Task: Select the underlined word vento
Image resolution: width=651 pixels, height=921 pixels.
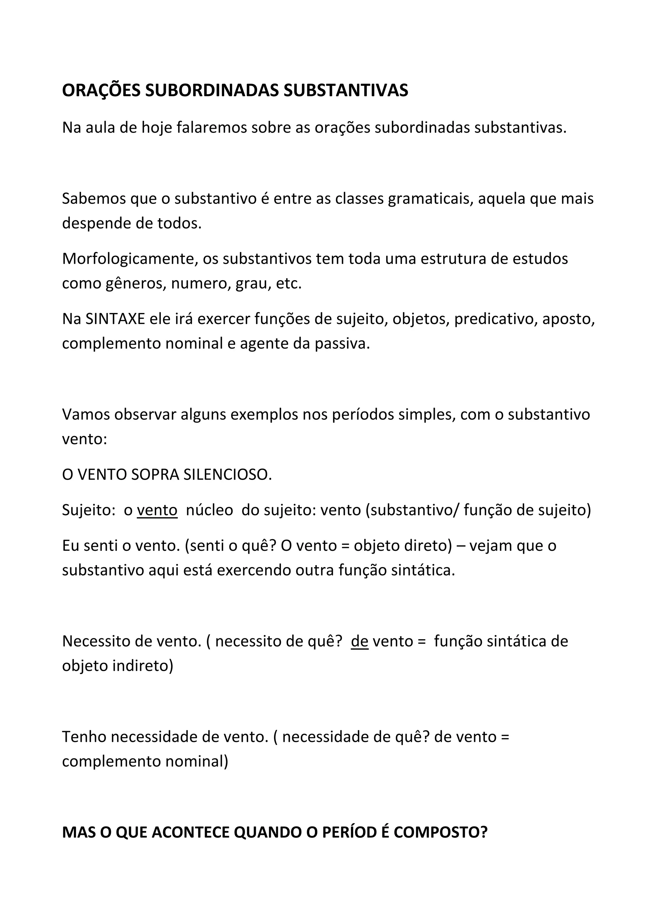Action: click(157, 510)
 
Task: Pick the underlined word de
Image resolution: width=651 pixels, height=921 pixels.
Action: click(360, 641)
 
